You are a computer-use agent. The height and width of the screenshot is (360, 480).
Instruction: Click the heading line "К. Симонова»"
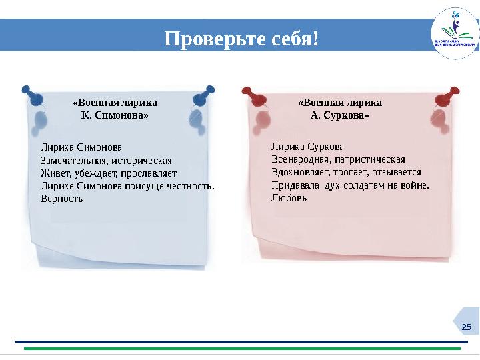click(x=115, y=115)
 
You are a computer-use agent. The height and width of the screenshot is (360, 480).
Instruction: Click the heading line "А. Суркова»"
click(x=340, y=115)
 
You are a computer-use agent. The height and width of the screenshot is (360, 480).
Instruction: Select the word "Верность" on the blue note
click(x=62, y=199)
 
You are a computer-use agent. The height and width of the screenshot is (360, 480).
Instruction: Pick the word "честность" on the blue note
click(x=189, y=186)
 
